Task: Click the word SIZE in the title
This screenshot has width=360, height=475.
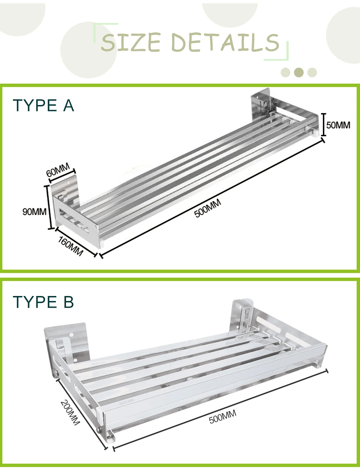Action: point(130,42)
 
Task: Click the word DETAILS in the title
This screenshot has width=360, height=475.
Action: point(225,43)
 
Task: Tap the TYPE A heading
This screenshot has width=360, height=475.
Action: point(43,106)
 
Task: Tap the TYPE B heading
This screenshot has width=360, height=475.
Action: point(43,302)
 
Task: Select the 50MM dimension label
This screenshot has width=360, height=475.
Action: point(338,125)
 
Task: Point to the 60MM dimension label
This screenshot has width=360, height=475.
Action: point(58,170)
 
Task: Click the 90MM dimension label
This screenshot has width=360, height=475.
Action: point(34,212)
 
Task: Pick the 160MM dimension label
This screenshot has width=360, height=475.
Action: point(70,246)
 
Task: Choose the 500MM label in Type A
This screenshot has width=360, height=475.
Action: point(208,209)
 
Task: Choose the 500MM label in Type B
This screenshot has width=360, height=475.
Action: point(223,417)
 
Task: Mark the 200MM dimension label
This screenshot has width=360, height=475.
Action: point(70,412)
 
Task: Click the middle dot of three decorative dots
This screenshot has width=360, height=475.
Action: point(299,72)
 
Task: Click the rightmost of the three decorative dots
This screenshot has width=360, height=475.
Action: point(312,72)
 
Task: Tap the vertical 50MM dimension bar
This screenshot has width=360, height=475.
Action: point(323,124)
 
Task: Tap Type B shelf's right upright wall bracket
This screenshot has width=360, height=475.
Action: point(243,317)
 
